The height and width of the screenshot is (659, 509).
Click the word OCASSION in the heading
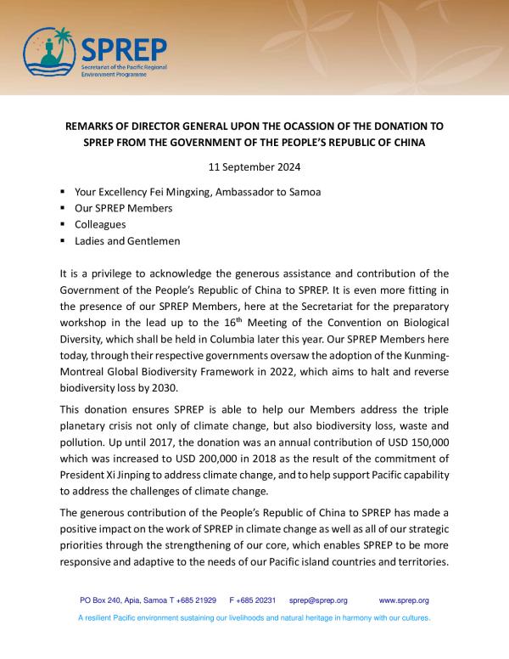pos(300,126)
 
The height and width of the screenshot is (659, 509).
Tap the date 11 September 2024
pos(254,166)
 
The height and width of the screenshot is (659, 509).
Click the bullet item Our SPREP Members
pos(124,208)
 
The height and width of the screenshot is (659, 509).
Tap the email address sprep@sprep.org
pos(318,600)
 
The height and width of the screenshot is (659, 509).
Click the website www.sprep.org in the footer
pos(404,600)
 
